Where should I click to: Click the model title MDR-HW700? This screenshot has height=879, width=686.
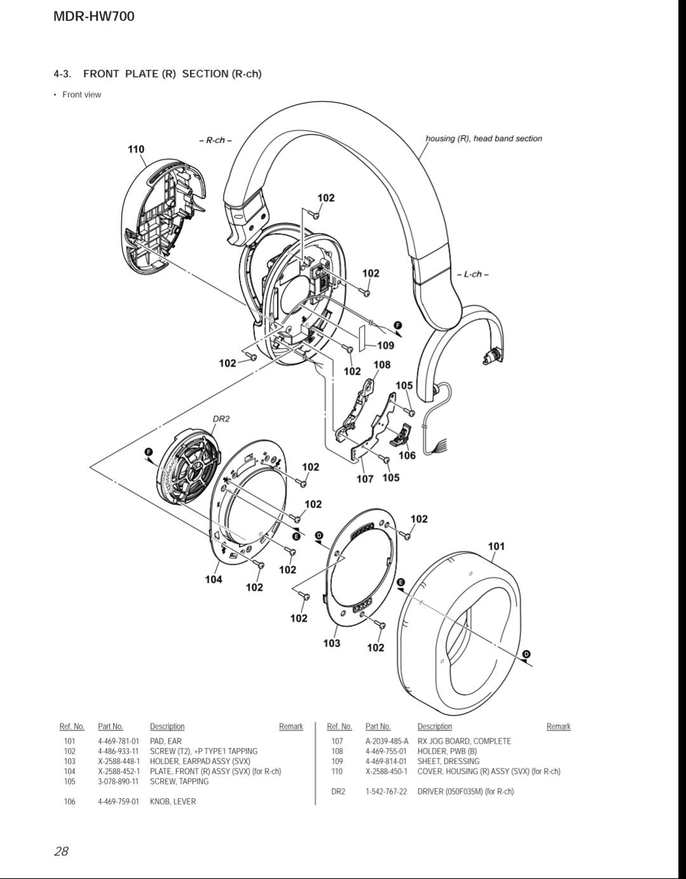click(94, 17)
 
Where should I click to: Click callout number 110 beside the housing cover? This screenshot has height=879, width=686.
click(136, 149)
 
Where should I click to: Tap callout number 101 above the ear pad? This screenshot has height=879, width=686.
click(496, 546)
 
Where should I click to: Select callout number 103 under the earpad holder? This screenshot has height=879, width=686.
click(332, 643)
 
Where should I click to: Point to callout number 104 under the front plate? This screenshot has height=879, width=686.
click(213, 579)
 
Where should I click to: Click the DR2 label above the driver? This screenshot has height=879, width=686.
click(221, 419)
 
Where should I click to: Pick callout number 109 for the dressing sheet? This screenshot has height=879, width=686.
click(386, 345)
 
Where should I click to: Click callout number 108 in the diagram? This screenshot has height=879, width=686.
click(382, 365)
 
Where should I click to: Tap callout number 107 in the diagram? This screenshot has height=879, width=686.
click(365, 479)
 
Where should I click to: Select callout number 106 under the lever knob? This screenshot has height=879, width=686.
click(407, 455)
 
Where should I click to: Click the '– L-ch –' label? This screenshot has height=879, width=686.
click(473, 274)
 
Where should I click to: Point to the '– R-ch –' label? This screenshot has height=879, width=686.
click(215, 140)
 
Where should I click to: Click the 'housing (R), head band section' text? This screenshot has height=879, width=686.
click(484, 138)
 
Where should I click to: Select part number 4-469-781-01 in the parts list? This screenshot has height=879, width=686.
click(119, 741)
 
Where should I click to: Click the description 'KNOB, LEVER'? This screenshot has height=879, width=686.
click(173, 802)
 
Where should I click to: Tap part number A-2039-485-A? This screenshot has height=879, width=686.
click(387, 741)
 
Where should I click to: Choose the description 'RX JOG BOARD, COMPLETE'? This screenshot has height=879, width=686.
click(464, 741)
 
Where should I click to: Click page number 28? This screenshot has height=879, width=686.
click(61, 851)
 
